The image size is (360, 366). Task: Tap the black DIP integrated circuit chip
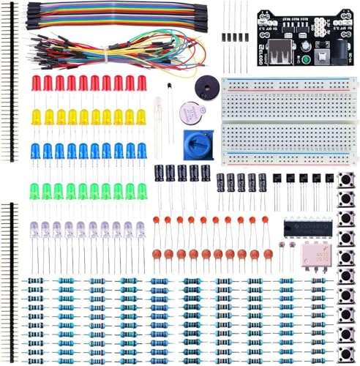pos(302,228)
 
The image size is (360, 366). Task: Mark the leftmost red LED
pos(36,83)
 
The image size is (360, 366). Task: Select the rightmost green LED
pos(141,190)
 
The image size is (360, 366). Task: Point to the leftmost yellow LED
pos(36,117)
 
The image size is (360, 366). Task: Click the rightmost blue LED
pos(141,152)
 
